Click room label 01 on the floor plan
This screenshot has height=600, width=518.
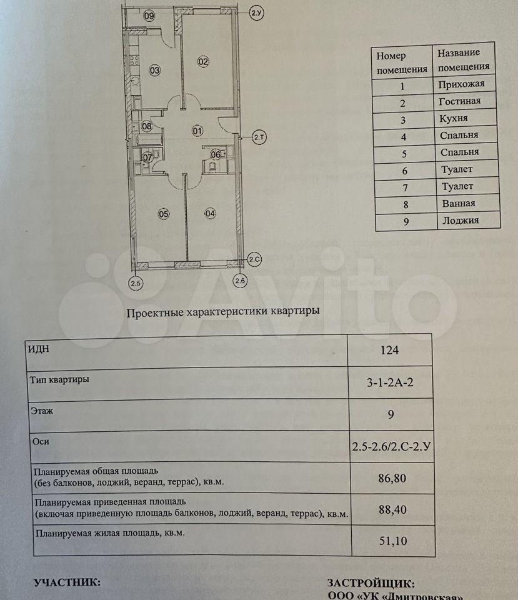pos(197,131)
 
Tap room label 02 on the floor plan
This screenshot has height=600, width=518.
pos(203,61)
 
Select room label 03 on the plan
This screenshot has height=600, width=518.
pos(155,70)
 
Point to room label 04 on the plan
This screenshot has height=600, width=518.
pos(209,214)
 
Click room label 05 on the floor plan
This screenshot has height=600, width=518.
pos(164,214)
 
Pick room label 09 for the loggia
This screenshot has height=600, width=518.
pos(149,16)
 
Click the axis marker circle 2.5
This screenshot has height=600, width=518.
pos(136,283)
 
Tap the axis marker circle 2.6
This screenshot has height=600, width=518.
pos(240,282)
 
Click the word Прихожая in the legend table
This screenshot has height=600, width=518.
pos(462,84)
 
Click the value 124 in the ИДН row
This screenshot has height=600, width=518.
pos(389,350)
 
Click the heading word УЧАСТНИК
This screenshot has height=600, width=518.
pos(67,582)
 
